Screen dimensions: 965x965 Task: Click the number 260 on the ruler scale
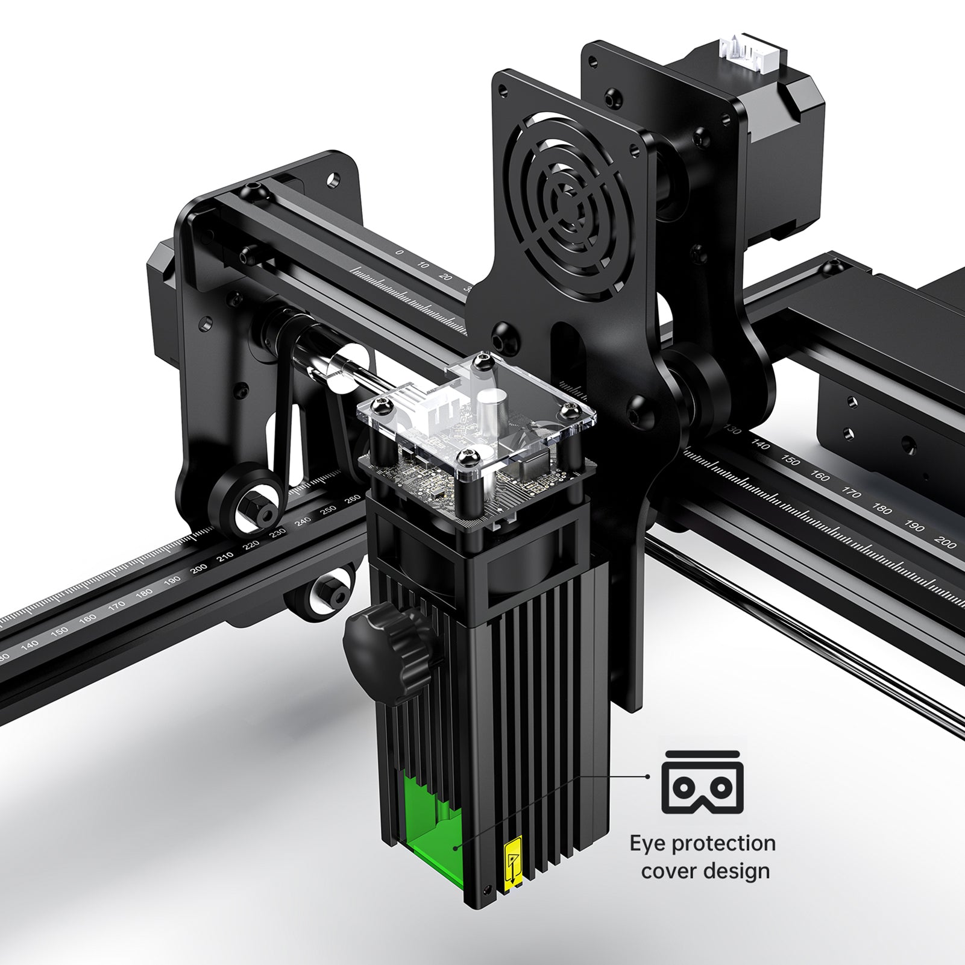click(351, 499)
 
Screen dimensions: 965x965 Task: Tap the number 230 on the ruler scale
click(278, 533)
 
